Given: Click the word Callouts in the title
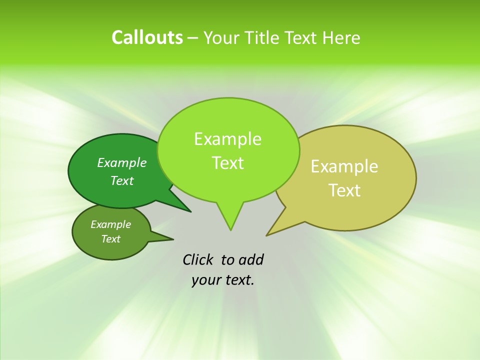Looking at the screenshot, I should pyautogui.click(x=147, y=38).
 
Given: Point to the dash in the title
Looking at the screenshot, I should pyautogui.click(x=193, y=38).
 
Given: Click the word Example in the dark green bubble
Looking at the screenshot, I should pyautogui.click(x=122, y=162).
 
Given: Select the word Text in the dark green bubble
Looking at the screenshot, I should pyautogui.click(x=122, y=180).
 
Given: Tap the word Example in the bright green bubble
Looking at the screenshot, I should pyautogui.click(x=227, y=139).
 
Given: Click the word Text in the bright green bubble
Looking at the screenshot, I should pyautogui.click(x=227, y=163).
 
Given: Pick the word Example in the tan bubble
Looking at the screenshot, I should pyautogui.click(x=344, y=166).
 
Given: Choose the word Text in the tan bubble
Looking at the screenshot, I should pyautogui.click(x=344, y=190).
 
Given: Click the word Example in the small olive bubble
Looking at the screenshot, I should pyautogui.click(x=110, y=224).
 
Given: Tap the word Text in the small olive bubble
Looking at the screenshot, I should pyautogui.click(x=110, y=239).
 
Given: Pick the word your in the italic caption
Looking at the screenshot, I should pyautogui.click(x=205, y=280).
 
